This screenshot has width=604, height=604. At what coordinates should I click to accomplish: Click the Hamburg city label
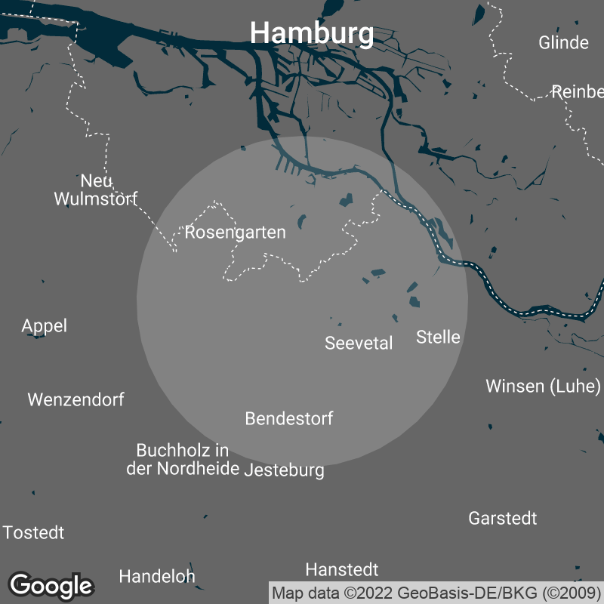(x=311, y=33)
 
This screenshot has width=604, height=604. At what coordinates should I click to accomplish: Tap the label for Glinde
(x=563, y=42)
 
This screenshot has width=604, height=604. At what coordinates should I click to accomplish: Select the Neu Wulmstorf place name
(x=96, y=190)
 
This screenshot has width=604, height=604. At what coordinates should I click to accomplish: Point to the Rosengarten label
(x=236, y=233)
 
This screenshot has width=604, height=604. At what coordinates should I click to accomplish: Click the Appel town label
(x=45, y=326)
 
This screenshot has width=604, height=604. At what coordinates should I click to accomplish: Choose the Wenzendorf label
(x=76, y=400)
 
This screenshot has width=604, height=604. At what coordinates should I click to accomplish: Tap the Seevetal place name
(x=359, y=344)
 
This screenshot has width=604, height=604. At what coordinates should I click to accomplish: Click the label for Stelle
(x=438, y=337)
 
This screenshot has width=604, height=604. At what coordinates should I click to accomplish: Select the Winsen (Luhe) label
(x=543, y=387)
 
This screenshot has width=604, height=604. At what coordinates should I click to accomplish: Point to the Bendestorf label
(x=289, y=419)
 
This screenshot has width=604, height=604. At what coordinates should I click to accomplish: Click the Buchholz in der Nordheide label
(x=182, y=460)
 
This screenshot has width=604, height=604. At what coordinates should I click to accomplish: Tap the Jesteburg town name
(x=285, y=470)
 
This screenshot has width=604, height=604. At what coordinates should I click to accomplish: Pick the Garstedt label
(x=503, y=519)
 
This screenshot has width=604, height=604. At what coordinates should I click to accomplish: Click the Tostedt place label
(x=33, y=533)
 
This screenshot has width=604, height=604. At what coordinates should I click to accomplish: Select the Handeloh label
(x=157, y=577)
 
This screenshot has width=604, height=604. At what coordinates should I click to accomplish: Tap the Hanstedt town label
(x=342, y=569)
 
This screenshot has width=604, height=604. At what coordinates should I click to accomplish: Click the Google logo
(x=51, y=585)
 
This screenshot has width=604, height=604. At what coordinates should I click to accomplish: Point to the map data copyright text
(x=436, y=593)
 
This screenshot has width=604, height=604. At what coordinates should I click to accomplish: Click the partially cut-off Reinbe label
(x=578, y=92)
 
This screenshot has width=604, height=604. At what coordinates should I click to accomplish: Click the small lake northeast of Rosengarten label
(x=302, y=221)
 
